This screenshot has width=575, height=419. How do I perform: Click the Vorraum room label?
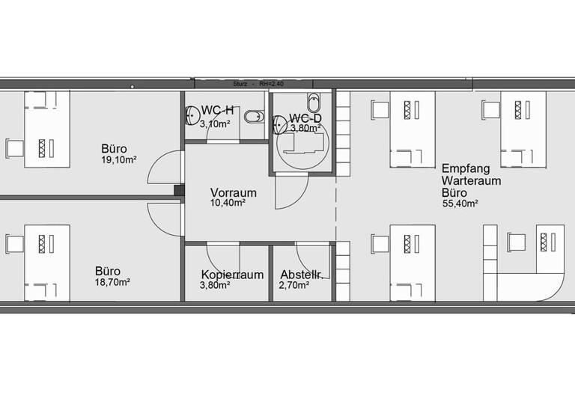pos(233,192)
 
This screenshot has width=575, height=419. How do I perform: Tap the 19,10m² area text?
pos(118,159)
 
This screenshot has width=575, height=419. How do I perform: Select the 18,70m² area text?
pos(112,282)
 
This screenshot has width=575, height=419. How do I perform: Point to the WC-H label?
pos(216,111)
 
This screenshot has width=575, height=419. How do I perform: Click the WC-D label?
pos(305,118)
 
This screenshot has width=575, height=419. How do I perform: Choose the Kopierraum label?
pos(231,275)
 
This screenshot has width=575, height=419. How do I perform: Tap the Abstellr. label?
pos(300,275)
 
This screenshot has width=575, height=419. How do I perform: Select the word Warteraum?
pos(471,180)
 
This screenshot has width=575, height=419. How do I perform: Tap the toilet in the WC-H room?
pos(256,116)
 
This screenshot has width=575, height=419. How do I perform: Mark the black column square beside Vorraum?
pos(179,191)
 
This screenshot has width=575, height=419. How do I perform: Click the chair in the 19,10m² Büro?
pos(14,147)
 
